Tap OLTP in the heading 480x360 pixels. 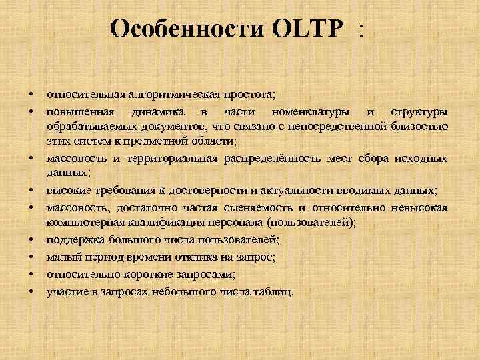309,29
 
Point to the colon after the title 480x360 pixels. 362,30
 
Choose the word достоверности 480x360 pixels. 214,190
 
